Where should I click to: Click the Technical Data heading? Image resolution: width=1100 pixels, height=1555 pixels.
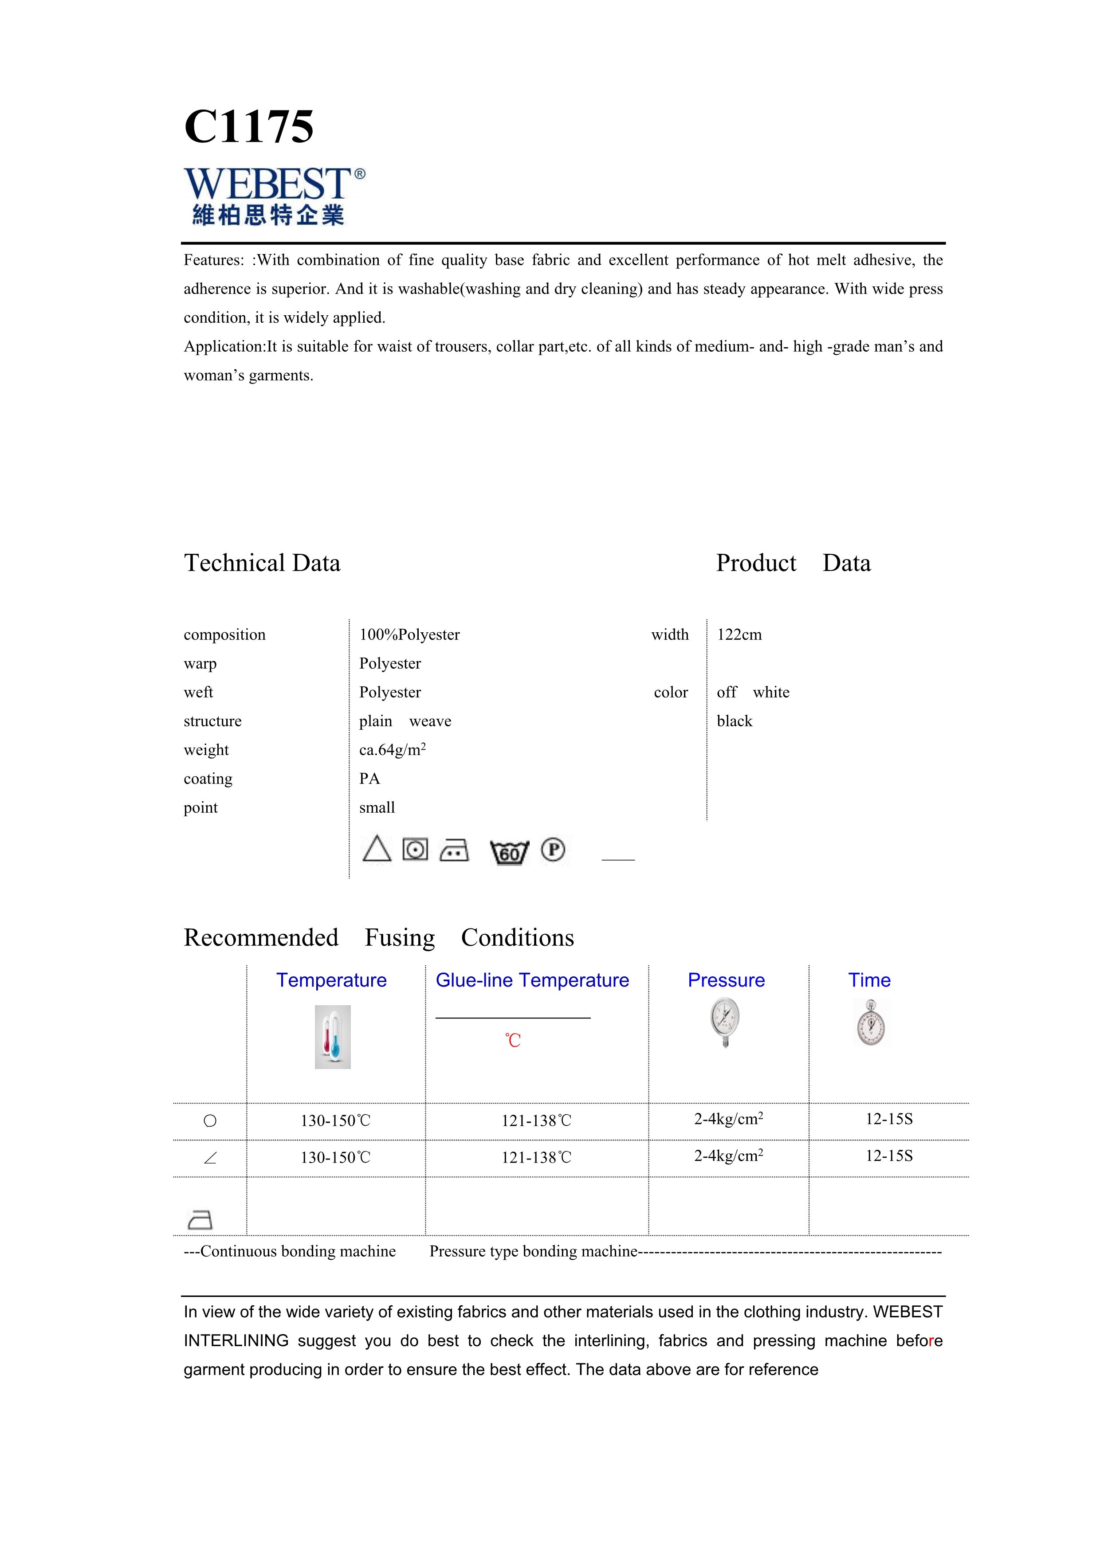[262, 563]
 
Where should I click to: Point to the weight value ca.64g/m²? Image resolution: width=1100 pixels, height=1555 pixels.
[392, 750]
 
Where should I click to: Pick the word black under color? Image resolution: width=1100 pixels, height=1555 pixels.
[734, 721]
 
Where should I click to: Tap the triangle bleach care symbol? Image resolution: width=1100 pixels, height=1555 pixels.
[377, 849]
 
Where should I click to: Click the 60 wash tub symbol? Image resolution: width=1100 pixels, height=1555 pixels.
[509, 851]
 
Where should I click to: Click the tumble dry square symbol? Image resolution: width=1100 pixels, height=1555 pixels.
[415, 849]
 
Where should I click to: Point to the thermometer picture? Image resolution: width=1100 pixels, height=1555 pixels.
[333, 1037]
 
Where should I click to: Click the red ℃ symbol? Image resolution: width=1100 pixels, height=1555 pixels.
[513, 1040]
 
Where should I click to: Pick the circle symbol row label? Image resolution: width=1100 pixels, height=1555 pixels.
[210, 1121]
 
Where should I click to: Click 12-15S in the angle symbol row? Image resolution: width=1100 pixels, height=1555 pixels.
[889, 1156]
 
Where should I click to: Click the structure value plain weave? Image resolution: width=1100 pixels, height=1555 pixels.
[405, 721]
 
